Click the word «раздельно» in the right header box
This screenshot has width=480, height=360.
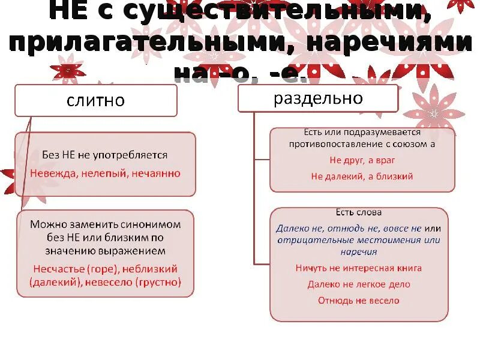click(x=319, y=98)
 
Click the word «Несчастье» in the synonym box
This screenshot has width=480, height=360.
click(x=59, y=269)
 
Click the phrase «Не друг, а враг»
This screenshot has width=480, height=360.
click(x=362, y=161)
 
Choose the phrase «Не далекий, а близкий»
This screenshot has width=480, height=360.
click(x=362, y=176)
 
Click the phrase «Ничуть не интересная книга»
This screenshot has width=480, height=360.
click(x=358, y=268)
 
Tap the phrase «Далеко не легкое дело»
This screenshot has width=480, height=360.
click(x=358, y=284)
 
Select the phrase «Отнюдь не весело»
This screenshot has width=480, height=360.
click(x=358, y=300)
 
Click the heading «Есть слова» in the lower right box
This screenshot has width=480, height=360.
click(x=358, y=212)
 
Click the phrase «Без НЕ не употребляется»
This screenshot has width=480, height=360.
click(x=104, y=155)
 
